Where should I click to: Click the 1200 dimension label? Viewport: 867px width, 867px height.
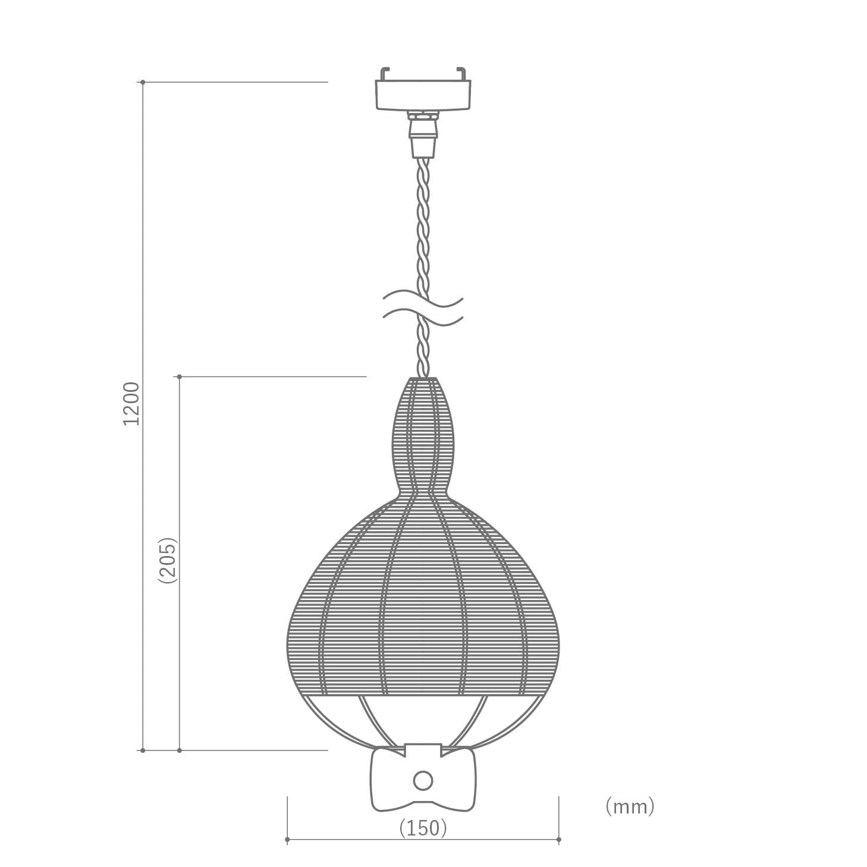(x=131, y=404)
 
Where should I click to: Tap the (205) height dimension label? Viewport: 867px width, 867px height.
(x=168, y=560)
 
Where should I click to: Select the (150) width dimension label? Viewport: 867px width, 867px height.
(x=423, y=828)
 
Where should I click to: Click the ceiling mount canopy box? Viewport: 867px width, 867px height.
(x=423, y=95)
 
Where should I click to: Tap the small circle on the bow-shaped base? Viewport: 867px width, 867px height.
(x=422, y=781)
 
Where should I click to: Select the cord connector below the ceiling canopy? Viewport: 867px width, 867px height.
(x=423, y=135)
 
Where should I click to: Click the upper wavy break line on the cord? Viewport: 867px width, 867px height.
(x=423, y=301)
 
